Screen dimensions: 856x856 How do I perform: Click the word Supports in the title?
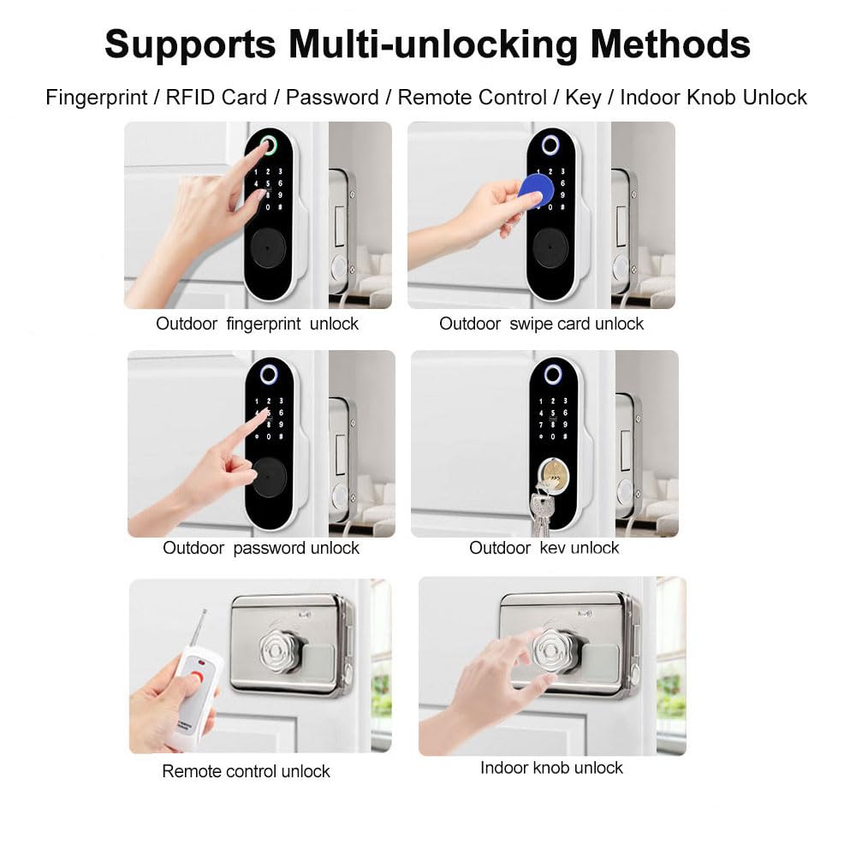pyautogui.click(x=190, y=45)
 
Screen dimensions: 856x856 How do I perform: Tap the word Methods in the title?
pyautogui.click(x=670, y=44)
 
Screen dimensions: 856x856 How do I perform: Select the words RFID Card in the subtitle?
pyautogui.click(x=217, y=98)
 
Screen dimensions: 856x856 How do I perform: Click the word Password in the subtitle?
pyautogui.click(x=332, y=98)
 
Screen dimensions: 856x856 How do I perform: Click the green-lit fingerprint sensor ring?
pyautogui.click(x=267, y=145)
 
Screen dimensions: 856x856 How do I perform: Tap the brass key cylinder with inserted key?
pyautogui.click(x=553, y=475)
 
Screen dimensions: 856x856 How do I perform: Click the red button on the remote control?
pyautogui.click(x=196, y=679)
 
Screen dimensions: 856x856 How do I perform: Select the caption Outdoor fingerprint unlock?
pyautogui.click(x=257, y=324)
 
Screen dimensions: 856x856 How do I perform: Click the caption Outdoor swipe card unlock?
pyautogui.click(x=542, y=324)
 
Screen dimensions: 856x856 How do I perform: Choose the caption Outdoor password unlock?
pyautogui.click(x=261, y=548)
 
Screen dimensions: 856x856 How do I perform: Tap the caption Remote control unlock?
pyautogui.click(x=247, y=771)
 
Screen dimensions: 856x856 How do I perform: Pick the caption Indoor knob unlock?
pyautogui.click(x=551, y=768)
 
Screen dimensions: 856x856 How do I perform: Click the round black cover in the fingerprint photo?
pyautogui.click(x=267, y=247)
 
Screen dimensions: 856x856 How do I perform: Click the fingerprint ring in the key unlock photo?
pyautogui.click(x=552, y=375)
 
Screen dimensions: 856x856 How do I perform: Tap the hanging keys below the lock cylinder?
pyautogui.click(x=541, y=512)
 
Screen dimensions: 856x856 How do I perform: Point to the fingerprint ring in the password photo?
pyautogui.click(x=269, y=375)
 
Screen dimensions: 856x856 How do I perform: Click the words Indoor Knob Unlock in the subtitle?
pyautogui.click(x=714, y=98)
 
